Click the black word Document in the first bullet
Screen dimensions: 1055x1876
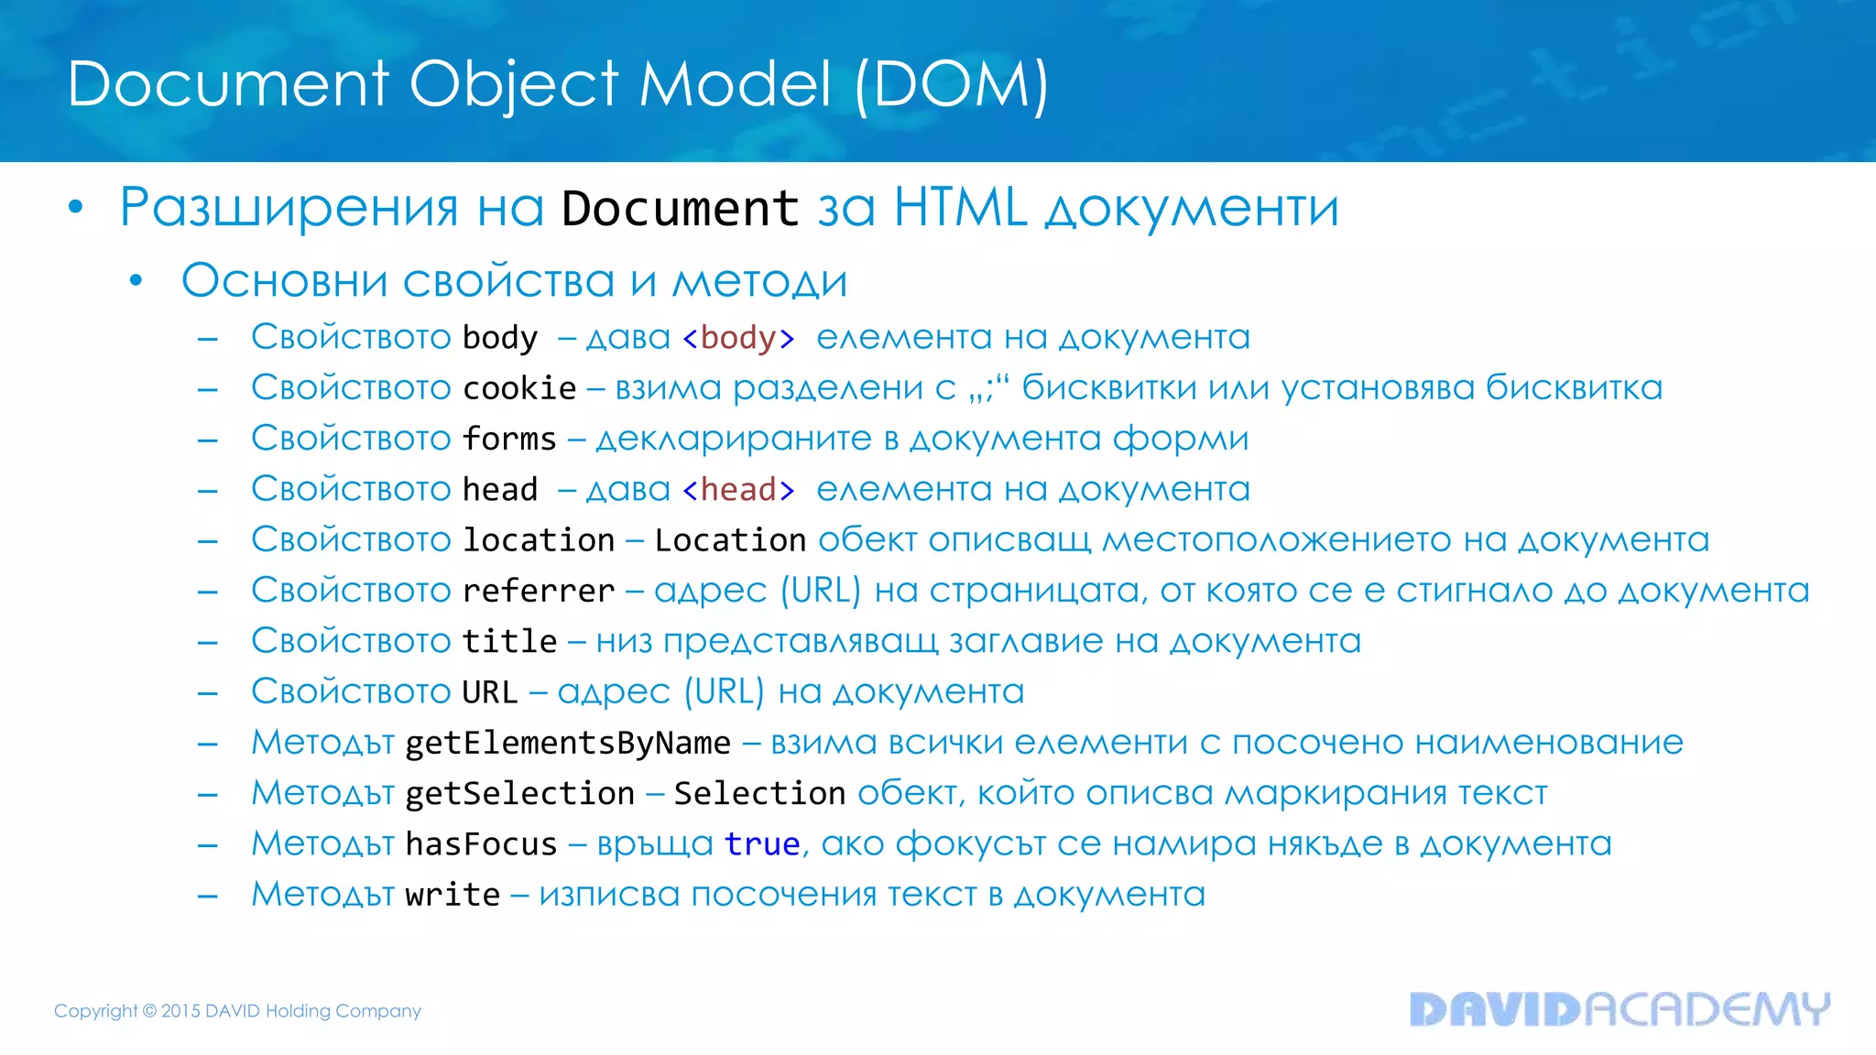(680, 209)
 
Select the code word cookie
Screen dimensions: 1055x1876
(519, 388)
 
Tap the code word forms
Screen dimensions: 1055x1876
(509, 439)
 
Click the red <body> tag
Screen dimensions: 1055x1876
(738, 338)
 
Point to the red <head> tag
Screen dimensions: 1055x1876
(738, 490)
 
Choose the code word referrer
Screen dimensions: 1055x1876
(539, 591)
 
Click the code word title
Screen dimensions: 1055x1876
(509, 641)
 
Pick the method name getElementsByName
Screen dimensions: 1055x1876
(568, 743)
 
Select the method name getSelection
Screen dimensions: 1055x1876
(519, 793)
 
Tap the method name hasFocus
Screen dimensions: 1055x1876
(481, 843)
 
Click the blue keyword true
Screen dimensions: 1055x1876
(762, 843)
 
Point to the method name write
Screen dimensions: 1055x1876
(453, 894)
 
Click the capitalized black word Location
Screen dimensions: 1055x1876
(730, 540)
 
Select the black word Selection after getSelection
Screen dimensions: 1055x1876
(759, 793)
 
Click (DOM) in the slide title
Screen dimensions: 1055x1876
(951, 84)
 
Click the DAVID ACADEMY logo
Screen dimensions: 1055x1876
(1620, 1009)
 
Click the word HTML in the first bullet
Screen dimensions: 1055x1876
(960, 208)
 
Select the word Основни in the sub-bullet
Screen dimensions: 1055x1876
(284, 280)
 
